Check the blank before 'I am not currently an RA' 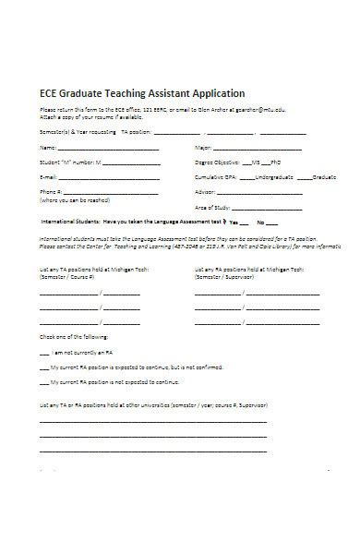click(44, 328)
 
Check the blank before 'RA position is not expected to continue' click(44, 355)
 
